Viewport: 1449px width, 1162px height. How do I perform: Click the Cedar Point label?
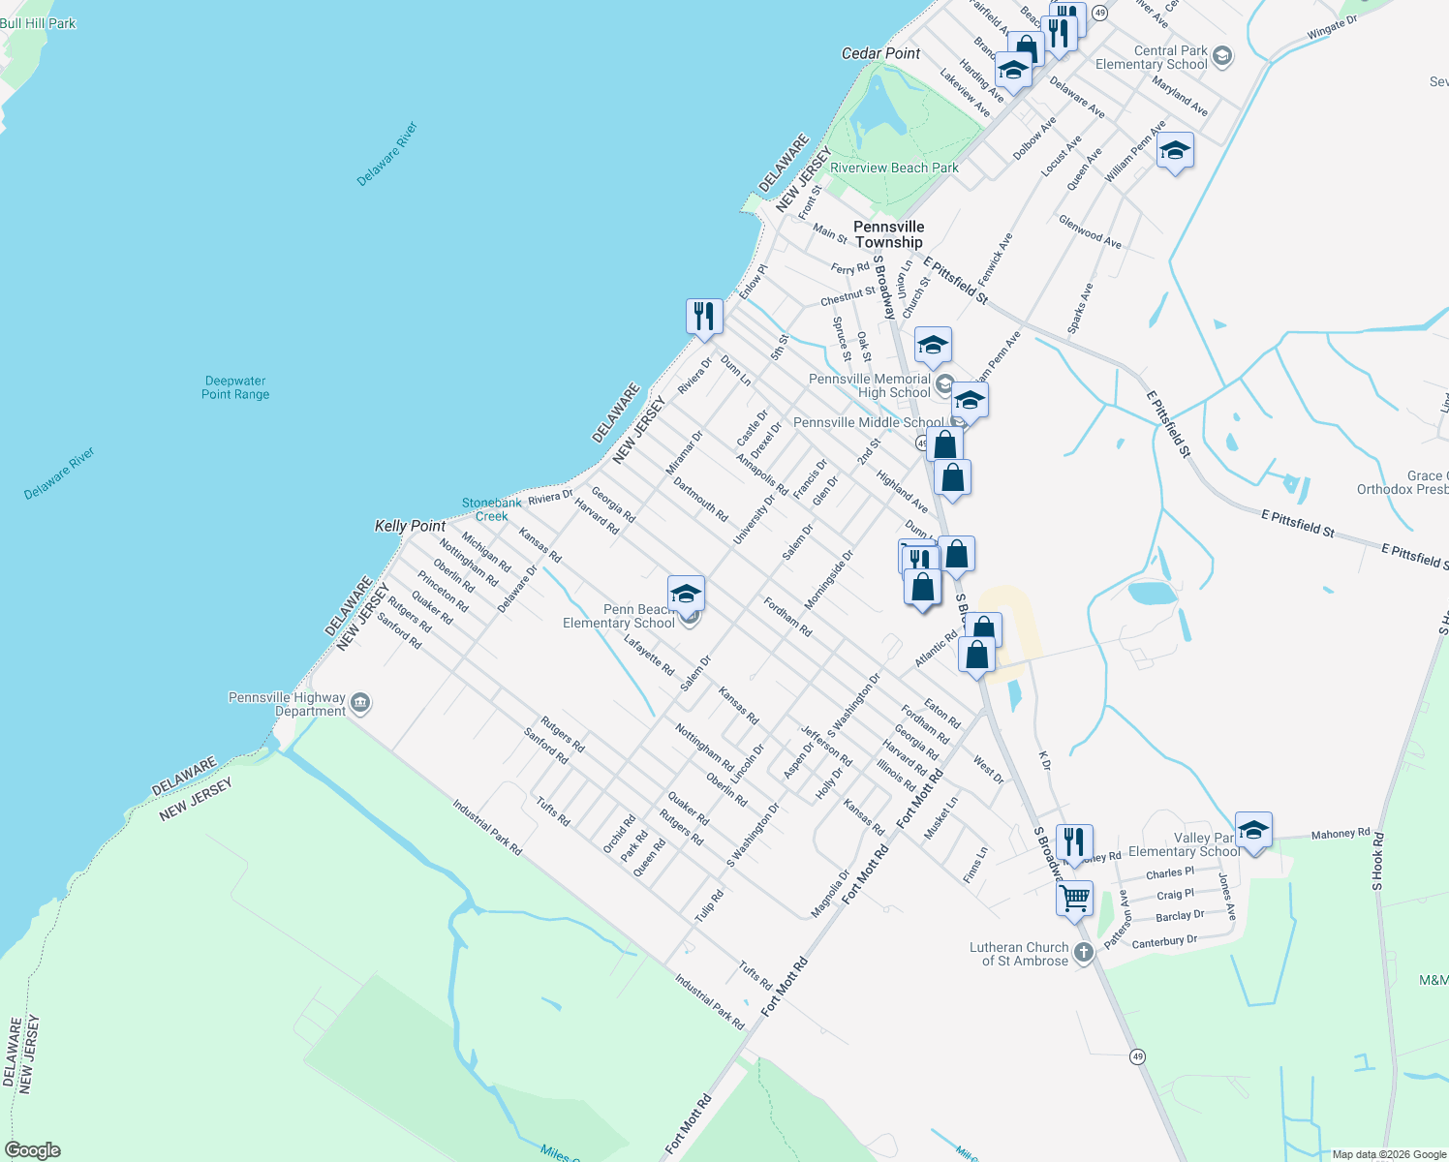(x=880, y=53)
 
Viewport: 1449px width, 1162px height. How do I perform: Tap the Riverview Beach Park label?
(x=894, y=168)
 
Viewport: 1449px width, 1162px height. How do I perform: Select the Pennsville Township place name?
(x=889, y=234)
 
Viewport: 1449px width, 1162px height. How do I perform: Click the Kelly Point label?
(x=410, y=526)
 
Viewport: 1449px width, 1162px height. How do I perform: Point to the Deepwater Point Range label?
(x=235, y=387)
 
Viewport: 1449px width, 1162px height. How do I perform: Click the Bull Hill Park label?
(x=38, y=23)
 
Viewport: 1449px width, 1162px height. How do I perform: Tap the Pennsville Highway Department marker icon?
(x=360, y=703)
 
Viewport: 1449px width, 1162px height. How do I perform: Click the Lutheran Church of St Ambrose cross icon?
(x=1084, y=953)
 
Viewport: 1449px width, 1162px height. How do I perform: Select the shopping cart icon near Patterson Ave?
(x=1075, y=898)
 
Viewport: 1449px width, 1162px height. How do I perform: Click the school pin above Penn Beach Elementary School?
(x=686, y=593)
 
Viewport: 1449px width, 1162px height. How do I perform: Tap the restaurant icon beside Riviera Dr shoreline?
(x=704, y=316)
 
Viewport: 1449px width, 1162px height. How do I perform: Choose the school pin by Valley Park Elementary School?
(x=1253, y=830)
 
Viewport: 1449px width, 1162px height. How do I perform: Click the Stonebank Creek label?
(x=491, y=509)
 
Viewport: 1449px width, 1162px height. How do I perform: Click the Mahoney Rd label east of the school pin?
(x=1341, y=834)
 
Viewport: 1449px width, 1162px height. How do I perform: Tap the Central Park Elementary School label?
(x=1152, y=57)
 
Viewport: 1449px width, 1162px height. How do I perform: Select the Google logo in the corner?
(x=32, y=1150)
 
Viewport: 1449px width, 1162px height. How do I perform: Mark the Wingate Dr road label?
(x=1332, y=28)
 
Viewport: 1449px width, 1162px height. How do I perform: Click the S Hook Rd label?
(x=1377, y=862)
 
